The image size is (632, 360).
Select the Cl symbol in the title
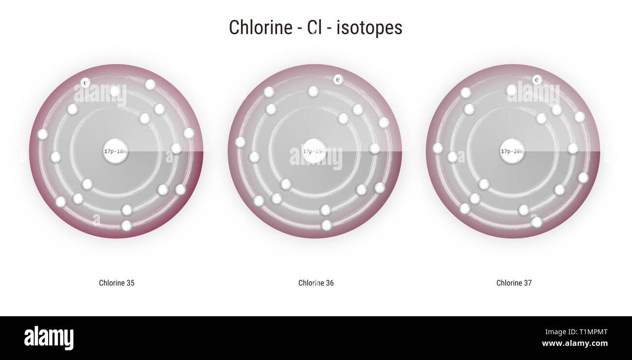(x=314, y=27)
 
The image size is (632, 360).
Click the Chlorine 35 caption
(x=117, y=283)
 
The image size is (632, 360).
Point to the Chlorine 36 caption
(x=316, y=283)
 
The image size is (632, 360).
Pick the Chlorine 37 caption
(x=514, y=283)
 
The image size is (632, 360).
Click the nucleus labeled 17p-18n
(x=115, y=151)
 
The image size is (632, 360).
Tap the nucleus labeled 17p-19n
(x=314, y=151)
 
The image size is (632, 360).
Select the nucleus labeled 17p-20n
(x=512, y=151)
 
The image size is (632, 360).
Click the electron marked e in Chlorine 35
(x=85, y=83)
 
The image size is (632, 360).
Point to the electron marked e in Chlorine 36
(x=338, y=79)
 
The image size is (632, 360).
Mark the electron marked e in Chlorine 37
(x=537, y=79)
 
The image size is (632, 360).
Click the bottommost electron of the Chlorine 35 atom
(x=126, y=226)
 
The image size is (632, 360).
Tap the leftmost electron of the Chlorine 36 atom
(x=240, y=142)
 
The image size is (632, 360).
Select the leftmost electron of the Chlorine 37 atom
(x=438, y=148)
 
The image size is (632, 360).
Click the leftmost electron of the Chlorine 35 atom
(x=43, y=134)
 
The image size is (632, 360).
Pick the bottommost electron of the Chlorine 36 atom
(x=327, y=225)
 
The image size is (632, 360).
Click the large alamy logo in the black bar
(x=49, y=338)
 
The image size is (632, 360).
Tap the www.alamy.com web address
(x=575, y=343)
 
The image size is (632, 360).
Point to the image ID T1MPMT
(x=591, y=332)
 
